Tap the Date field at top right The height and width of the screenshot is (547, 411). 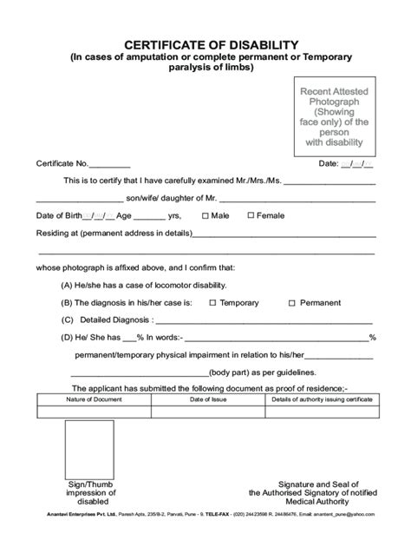pyautogui.click(x=357, y=163)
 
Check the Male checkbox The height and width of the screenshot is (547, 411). pyautogui.click(x=203, y=215)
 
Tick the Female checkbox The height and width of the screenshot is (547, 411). pyautogui.click(x=251, y=215)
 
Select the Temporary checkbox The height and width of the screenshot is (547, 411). pyautogui.click(x=212, y=303)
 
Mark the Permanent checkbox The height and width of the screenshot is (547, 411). pyautogui.click(x=291, y=303)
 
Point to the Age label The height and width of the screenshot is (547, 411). pyautogui.click(x=126, y=215)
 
